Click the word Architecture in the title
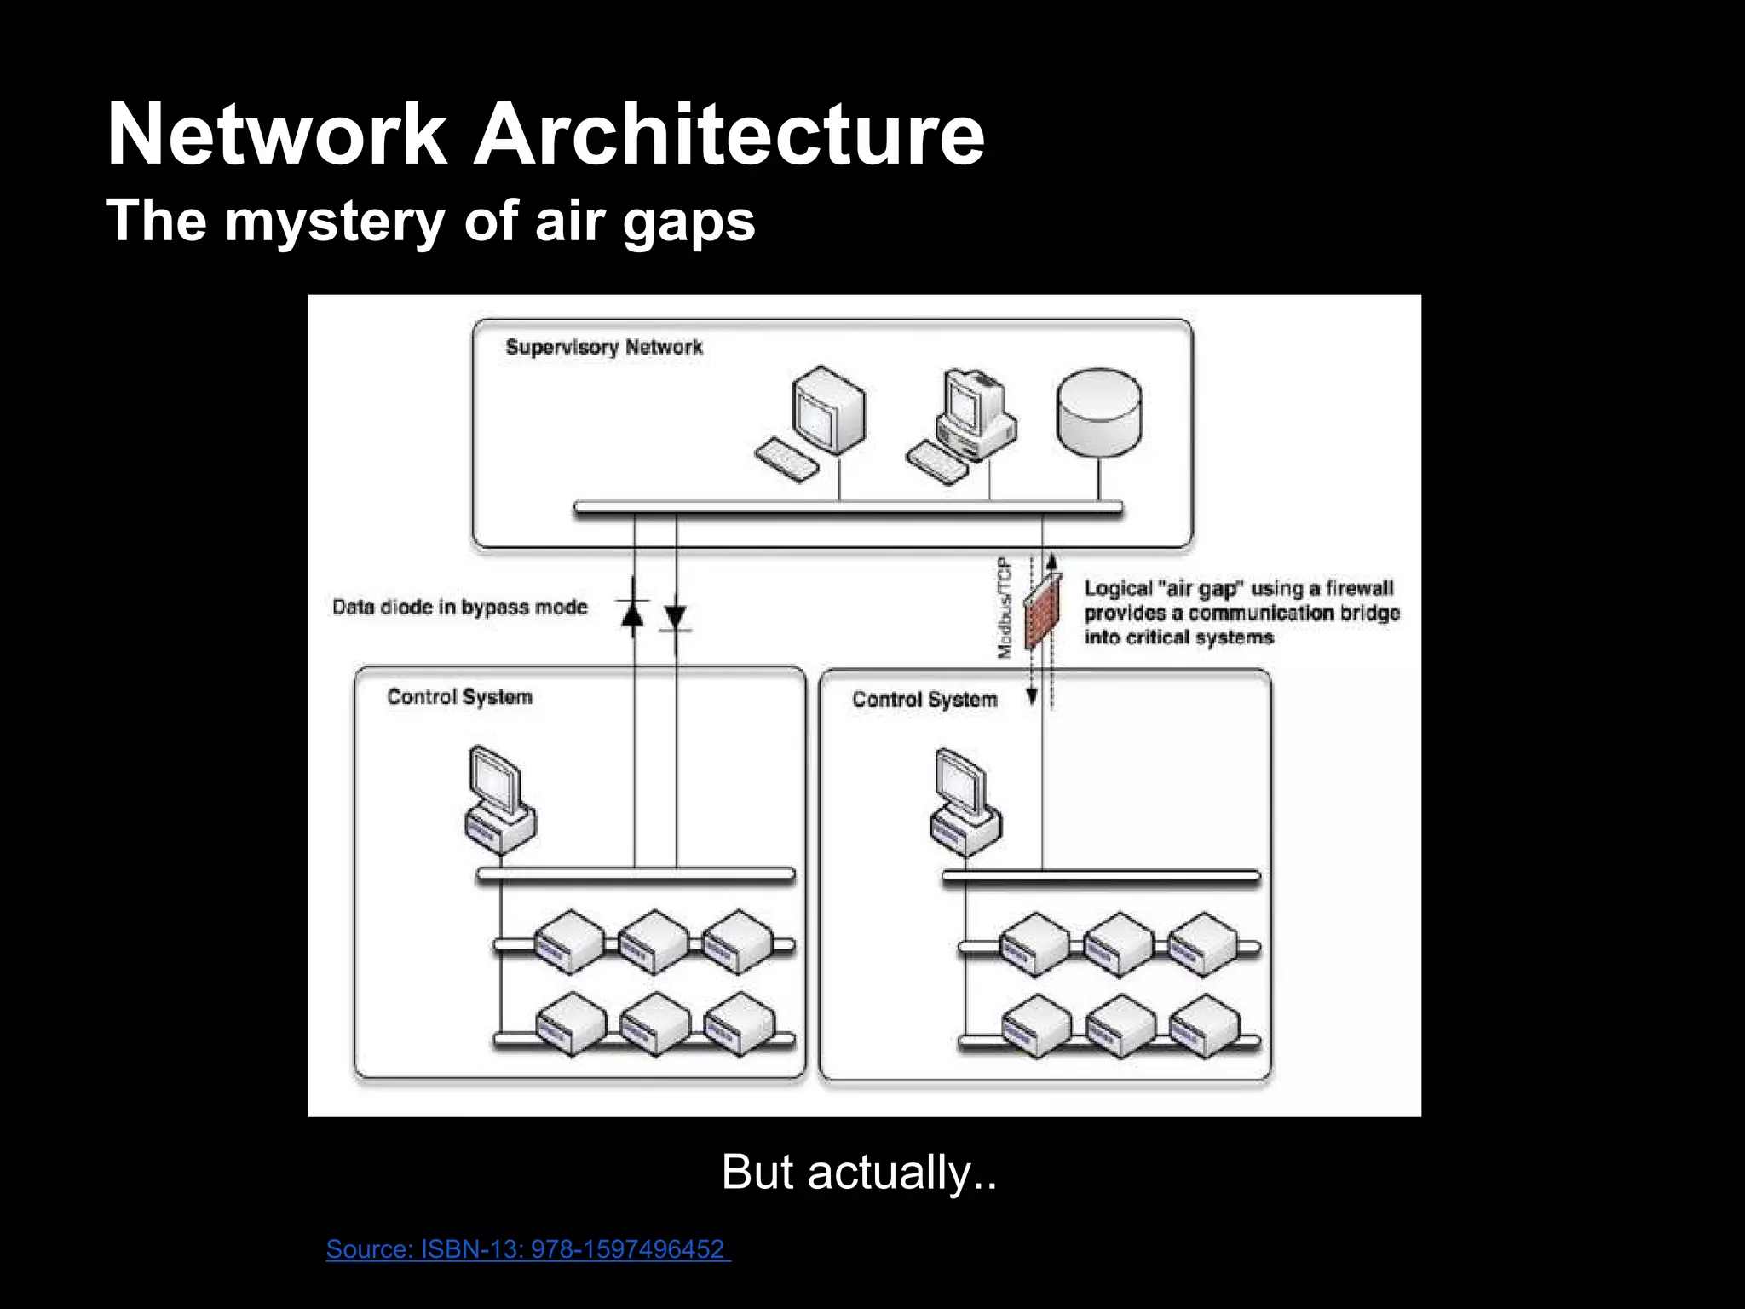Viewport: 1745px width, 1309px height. [729, 135]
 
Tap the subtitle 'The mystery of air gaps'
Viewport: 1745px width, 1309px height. [430, 220]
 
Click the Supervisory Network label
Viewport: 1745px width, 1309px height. [603, 347]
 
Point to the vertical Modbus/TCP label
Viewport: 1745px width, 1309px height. [1005, 607]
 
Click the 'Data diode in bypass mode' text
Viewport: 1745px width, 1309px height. [460, 608]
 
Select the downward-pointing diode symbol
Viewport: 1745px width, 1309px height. [676, 616]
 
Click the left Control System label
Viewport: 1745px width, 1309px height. [459, 697]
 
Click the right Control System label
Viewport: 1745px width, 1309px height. [924, 700]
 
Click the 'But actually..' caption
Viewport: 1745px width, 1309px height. [859, 1172]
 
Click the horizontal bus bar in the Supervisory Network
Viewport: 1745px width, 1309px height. [848, 509]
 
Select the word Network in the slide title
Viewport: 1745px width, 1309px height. [277, 135]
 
